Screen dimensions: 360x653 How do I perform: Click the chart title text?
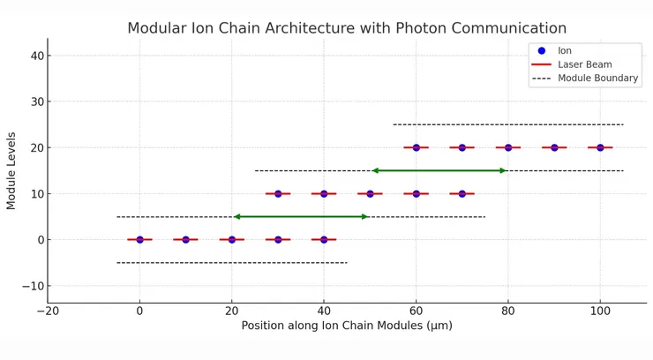coord(347,28)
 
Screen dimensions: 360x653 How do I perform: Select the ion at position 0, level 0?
coord(139,239)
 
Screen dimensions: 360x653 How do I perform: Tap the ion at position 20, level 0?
coord(232,239)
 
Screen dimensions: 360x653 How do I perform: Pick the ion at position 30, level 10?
coord(278,193)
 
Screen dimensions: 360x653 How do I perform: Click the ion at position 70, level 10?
coord(462,193)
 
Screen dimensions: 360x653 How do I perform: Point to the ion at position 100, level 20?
coord(600,147)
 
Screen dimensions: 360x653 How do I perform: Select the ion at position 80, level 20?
coord(508,147)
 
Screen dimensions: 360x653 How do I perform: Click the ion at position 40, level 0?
coord(324,239)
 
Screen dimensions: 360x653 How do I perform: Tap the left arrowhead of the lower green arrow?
coord(236,216)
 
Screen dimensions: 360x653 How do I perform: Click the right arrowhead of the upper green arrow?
coord(504,170)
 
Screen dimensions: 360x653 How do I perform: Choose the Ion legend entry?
coord(565,50)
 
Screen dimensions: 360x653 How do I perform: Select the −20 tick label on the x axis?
coord(48,311)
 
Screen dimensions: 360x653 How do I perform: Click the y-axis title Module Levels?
coord(11,171)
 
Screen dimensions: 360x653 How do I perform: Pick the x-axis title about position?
coord(347,326)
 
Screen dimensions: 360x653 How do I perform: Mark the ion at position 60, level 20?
coord(417,147)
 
